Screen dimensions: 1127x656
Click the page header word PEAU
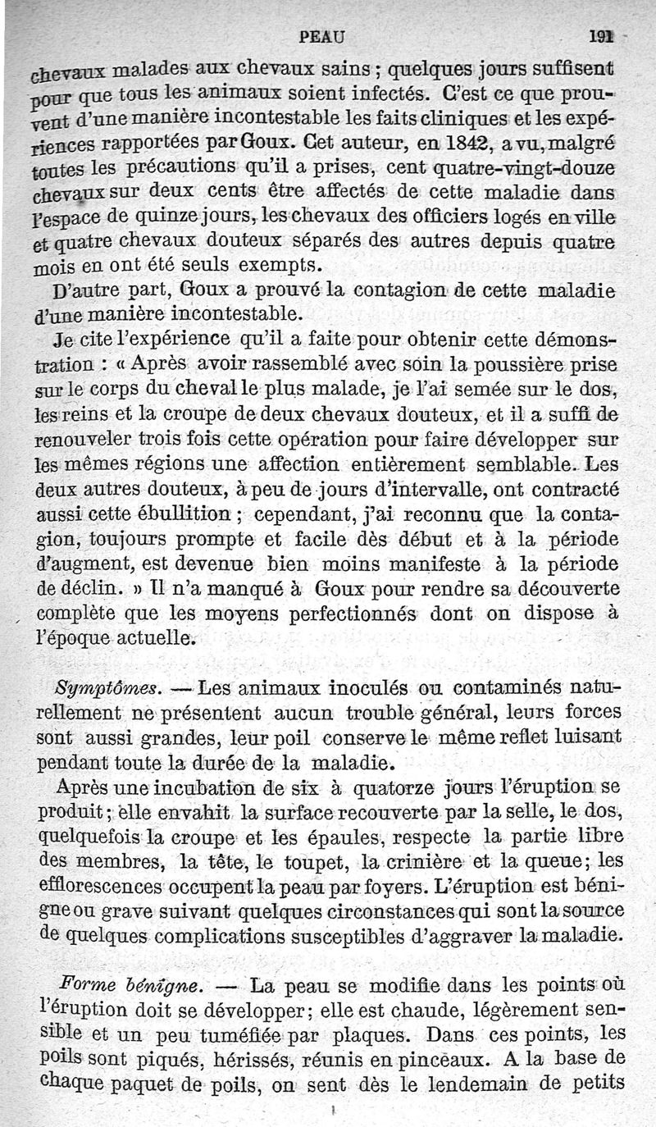click(322, 36)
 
